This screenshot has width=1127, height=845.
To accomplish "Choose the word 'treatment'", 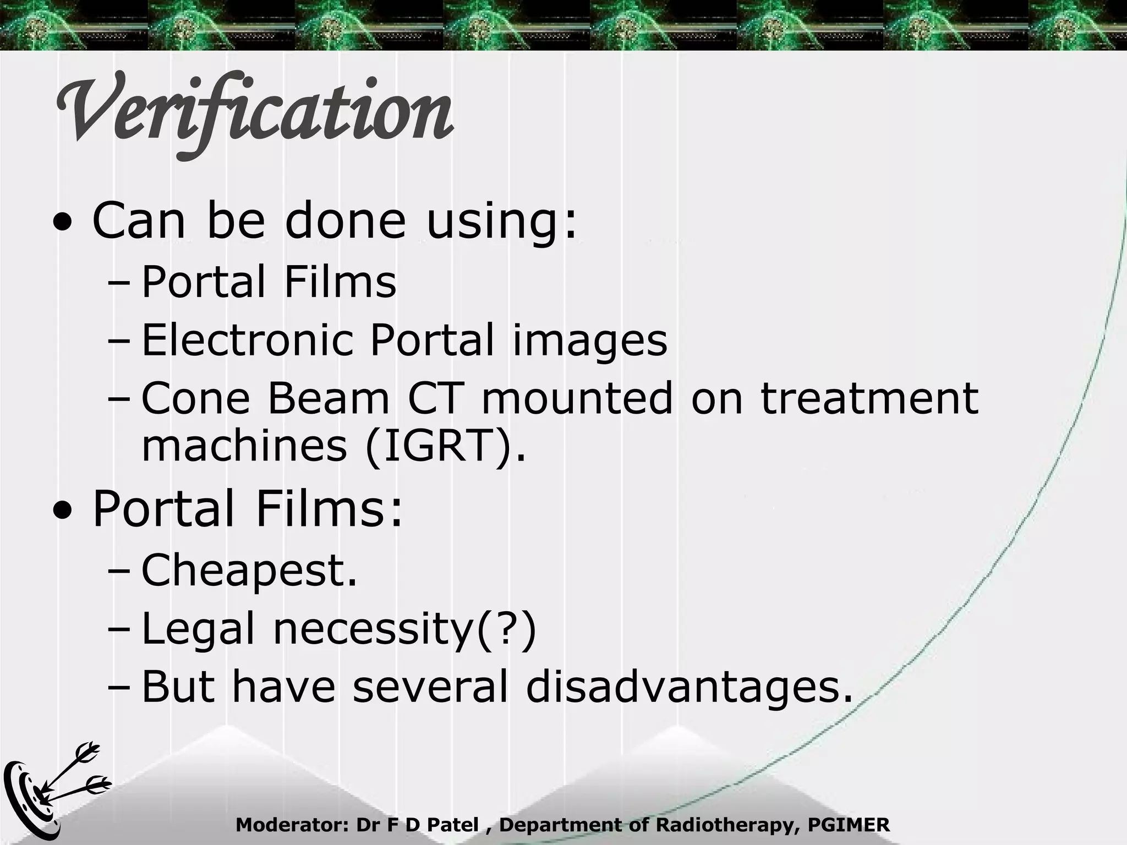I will [869, 398].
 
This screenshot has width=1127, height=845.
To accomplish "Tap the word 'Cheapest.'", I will [249, 571].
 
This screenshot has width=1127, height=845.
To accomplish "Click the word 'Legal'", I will [199, 629].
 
